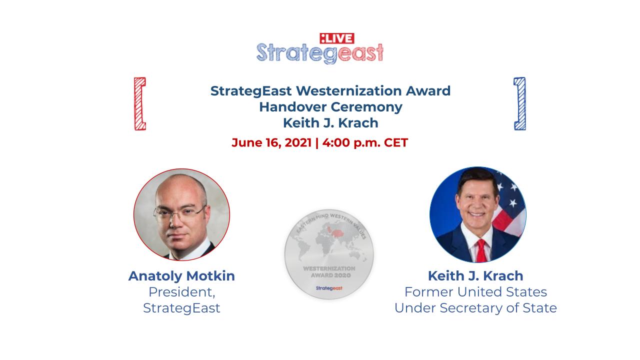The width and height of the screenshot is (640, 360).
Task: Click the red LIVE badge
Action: (x=337, y=38)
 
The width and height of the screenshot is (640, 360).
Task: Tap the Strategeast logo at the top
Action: (x=320, y=53)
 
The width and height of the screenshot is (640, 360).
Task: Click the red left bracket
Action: (x=140, y=103)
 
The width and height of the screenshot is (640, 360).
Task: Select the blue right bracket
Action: (x=519, y=103)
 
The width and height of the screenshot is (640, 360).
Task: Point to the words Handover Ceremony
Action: (x=330, y=107)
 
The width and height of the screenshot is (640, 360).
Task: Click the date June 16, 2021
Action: (x=271, y=142)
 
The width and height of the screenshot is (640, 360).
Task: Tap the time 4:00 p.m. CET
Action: (x=365, y=142)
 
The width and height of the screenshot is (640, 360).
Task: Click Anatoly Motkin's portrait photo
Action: (x=181, y=214)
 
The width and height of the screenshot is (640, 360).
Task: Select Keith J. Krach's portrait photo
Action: (x=477, y=214)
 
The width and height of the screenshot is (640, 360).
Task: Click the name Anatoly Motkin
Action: (x=181, y=276)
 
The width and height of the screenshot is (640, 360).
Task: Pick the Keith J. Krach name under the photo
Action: (x=475, y=276)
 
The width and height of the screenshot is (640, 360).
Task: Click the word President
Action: (x=181, y=292)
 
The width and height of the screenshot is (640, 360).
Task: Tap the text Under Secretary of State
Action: (x=475, y=308)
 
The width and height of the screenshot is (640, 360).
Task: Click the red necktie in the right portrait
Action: (x=481, y=251)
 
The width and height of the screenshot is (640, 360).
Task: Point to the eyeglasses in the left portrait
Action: (x=179, y=213)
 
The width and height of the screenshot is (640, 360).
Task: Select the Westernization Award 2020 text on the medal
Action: (x=329, y=272)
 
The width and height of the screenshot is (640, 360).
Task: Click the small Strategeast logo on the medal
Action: (x=329, y=288)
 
